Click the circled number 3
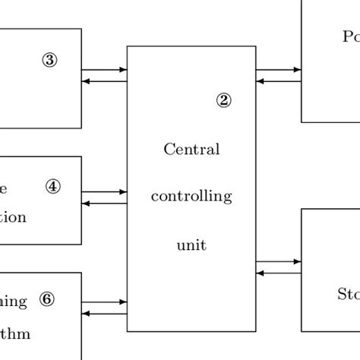49,62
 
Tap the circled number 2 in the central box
223,99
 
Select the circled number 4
52,186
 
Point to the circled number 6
47,300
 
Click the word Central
191,149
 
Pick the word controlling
191,197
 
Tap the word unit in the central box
191,245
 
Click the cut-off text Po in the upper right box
350,36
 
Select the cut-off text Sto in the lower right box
347,293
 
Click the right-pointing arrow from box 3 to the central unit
104,70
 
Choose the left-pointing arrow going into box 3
104,81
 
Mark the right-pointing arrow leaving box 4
104,192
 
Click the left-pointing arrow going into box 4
104,204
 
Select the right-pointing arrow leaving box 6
104,302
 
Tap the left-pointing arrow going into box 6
104,313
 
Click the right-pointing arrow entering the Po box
279,70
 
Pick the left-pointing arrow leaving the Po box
279,81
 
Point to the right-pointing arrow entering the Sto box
279,262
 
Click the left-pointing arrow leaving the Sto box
279,273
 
